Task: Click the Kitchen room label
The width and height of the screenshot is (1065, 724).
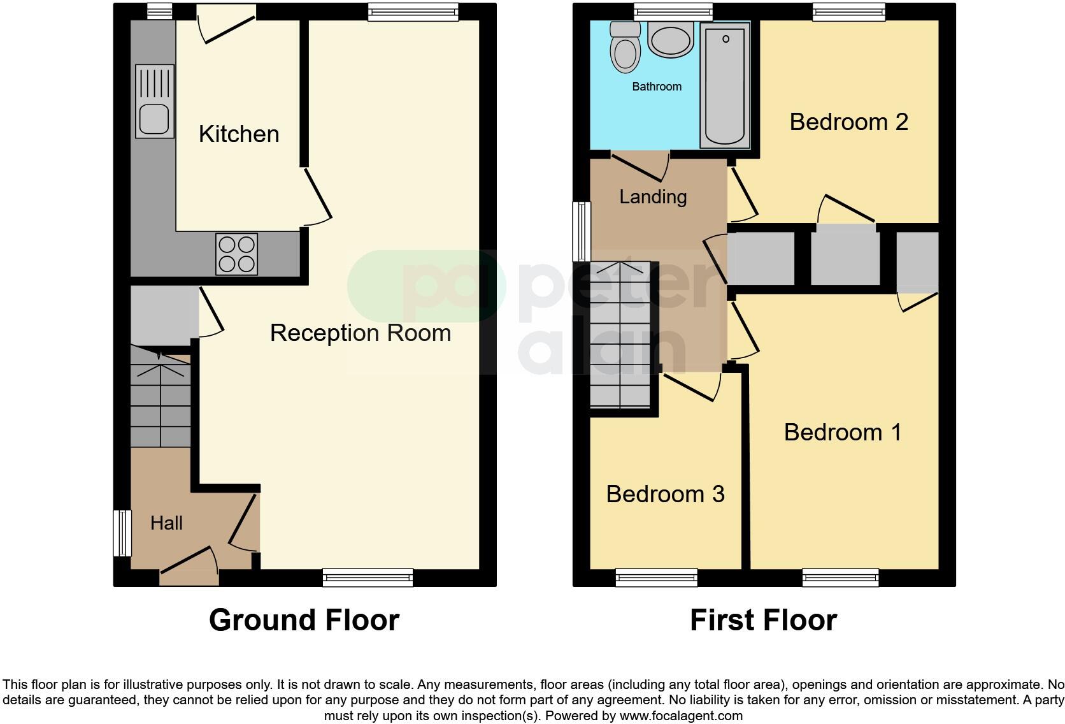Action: tap(239, 134)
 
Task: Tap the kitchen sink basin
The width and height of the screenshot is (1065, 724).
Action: tap(154, 119)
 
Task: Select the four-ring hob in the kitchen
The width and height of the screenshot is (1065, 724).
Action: tap(237, 254)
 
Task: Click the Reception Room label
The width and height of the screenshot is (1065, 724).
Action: tap(360, 333)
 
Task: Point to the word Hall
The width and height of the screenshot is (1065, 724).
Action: tap(166, 523)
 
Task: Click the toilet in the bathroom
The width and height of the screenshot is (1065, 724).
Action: tap(624, 47)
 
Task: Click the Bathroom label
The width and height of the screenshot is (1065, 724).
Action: tap(657, 87)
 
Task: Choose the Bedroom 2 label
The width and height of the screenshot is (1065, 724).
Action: tap(848, 122)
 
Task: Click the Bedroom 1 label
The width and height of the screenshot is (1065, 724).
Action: tap(842, 432)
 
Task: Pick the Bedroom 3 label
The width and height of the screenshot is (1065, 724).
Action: tap(665, 494)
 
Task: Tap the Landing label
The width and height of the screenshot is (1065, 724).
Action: tap(653, 196)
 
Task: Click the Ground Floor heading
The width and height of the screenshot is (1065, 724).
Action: tap(304, 620)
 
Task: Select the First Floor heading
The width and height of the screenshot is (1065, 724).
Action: tap(763, 620)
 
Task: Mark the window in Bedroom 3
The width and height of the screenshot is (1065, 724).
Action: tap(656, 578)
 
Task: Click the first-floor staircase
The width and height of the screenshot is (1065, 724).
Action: tap(620, 335)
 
